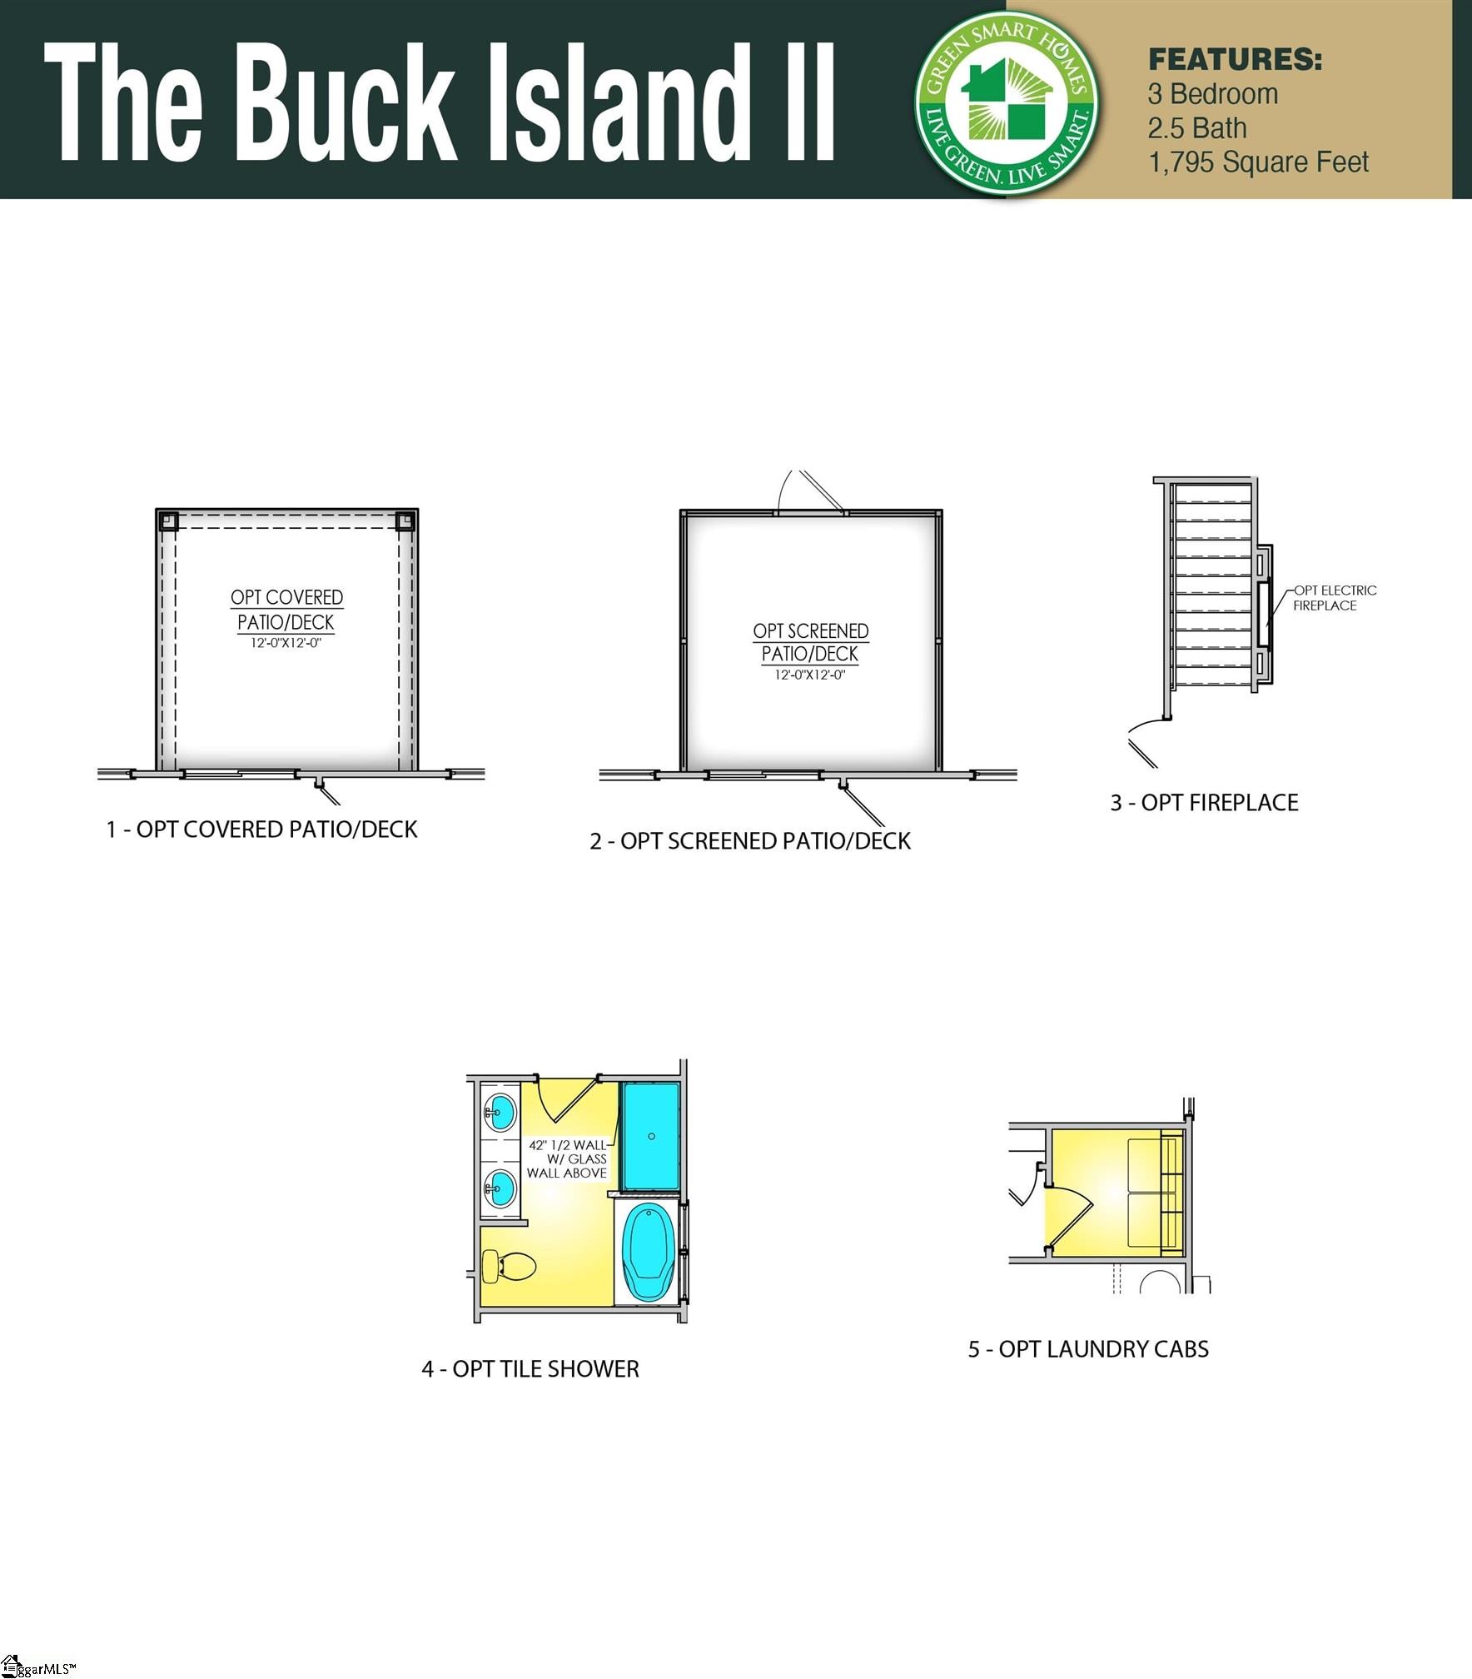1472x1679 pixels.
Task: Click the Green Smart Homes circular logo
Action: click(x=1006, y=103)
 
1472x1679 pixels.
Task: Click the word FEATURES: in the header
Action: click(x=1235, y=60)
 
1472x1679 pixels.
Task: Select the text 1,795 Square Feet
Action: click(x=1258, y=162)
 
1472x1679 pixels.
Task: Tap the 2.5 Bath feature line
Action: click(x=1197, y=128)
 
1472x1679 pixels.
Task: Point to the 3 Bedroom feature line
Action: click(x=1213, y=94)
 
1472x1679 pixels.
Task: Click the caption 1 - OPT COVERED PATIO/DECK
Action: click(x=261, y=829)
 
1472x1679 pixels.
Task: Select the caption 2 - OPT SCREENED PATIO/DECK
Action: click(x=750, y=840)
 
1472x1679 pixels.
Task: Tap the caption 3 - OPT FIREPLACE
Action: click(x=1204, y=802)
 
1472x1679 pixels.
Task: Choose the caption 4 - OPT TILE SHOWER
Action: click(x=530, y=1368)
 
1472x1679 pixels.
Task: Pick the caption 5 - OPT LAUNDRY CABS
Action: click(x=1088, y=1348)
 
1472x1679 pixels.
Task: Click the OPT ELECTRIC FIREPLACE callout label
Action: click(x=1335, y=598)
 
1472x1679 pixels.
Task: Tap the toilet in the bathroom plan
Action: click(x=509, y=1267)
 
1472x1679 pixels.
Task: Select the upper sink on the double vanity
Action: click(x=500, y=1111)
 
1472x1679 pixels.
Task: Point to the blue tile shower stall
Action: click(x=651, y=1136)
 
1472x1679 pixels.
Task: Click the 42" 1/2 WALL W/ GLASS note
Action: click(x=567, y=1158)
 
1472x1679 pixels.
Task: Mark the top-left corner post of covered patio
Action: click(x=168, y=521)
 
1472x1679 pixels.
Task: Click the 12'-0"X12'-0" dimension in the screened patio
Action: click(x=810, y=675)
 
